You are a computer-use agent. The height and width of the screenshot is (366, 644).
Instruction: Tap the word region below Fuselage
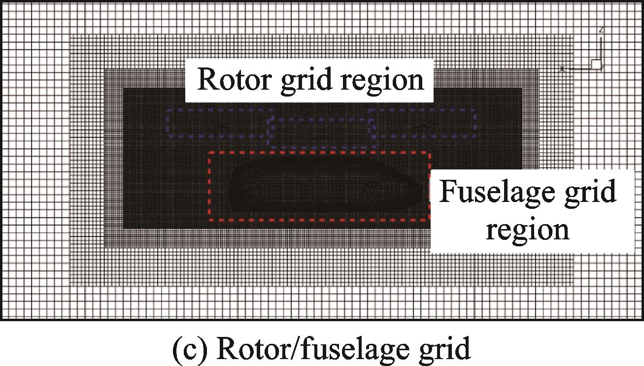click(527, 230)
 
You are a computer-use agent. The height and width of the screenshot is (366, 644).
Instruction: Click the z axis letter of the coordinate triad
click(601, 30)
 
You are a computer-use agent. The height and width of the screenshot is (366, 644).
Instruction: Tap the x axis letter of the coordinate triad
click(562, 69)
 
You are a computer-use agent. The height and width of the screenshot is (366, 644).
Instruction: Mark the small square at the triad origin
click(596, 64)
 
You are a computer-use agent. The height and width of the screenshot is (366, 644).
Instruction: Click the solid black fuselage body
click(320, 190)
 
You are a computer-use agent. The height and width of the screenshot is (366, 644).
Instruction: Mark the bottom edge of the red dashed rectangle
click(318, 220)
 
